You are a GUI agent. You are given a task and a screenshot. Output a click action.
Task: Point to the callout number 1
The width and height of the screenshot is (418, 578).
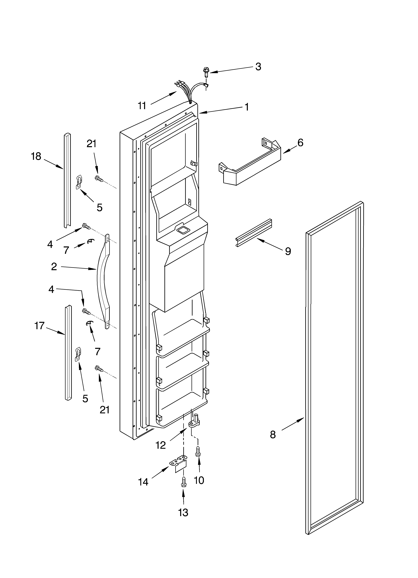[246, 107]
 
